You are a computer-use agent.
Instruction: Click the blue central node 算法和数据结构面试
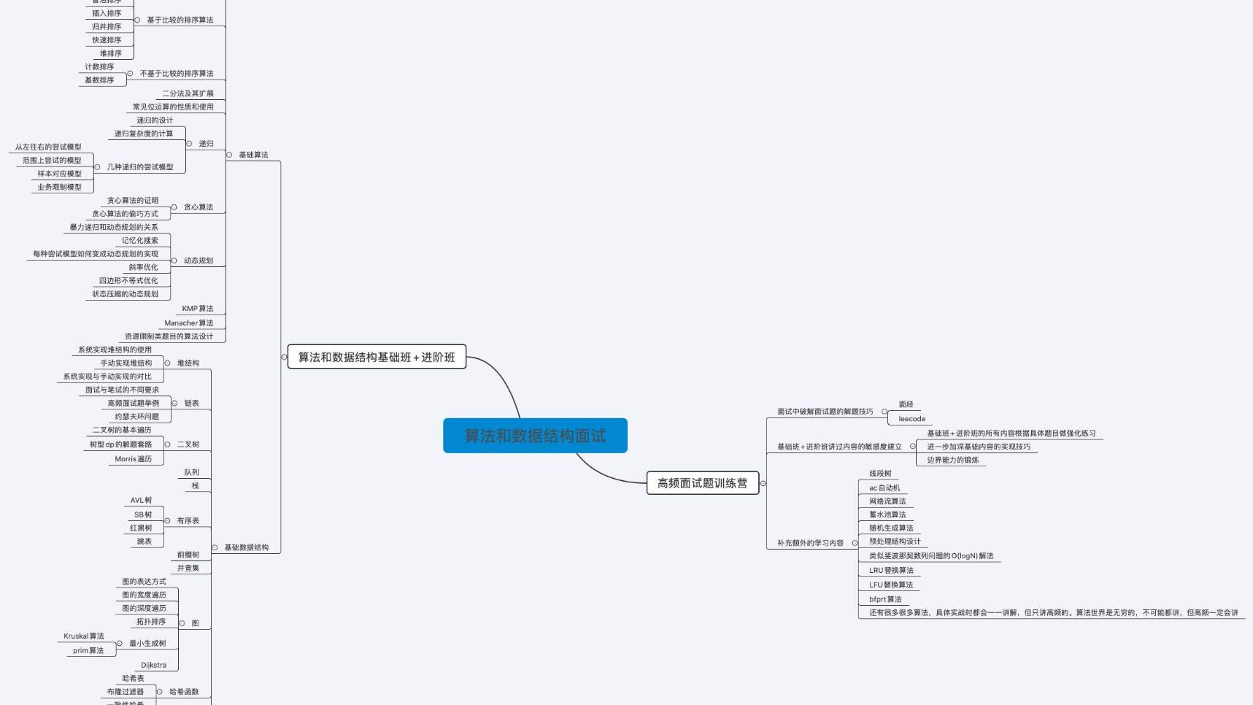click(x=535, y=436)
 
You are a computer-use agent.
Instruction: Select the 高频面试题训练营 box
click(x=702, y=483)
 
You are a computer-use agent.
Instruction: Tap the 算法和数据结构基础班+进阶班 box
click(x=377, y=357)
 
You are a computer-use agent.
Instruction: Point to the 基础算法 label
click(x=253, y=155)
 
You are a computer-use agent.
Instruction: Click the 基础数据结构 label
click(x=246, y=547)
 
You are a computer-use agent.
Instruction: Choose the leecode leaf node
click(x=911, y=419)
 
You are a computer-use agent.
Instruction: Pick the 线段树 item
click(x=880, y=474)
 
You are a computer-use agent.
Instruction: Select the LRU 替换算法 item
click(x=891, y=571)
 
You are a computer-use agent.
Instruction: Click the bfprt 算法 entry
click(x=885, y=599)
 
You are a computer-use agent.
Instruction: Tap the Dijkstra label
click(x=153, y=665)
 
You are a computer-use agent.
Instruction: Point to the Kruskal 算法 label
click(x=84, y=636)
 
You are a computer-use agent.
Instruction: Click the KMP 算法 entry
click(x=198, y=309)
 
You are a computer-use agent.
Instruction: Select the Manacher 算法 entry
click(x=189, y=323)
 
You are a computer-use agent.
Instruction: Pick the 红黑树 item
click(x=141, y=528)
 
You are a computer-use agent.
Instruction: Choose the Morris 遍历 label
click(x=133, y=459)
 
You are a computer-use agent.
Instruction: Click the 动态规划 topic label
click(x=198, y=261)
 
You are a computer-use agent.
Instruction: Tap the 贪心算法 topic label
click(x=198, y=207)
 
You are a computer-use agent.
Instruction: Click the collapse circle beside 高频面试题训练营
click(x=763, y=483)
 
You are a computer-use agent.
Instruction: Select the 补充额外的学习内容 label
click(x=810, y=543)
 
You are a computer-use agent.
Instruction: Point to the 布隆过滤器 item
click(x=126, y=692)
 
